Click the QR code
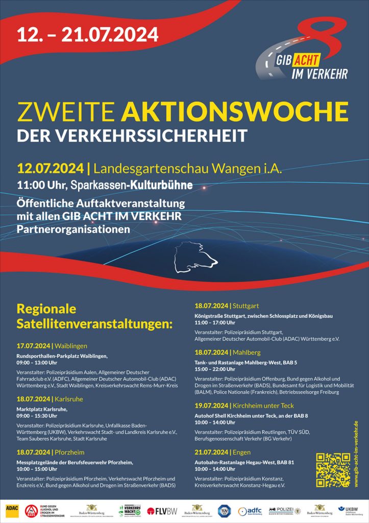coord(333,470)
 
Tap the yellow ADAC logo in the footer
coord(12,510)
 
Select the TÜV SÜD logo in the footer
coord(223,511)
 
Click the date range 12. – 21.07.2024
coord(88,34)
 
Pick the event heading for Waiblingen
coord(52,345)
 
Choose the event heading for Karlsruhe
coord(50,399)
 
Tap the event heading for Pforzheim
coord(51,452)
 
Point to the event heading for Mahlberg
coord(228,352)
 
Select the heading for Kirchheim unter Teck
coord(244,406)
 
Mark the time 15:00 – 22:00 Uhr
coord(214,369)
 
